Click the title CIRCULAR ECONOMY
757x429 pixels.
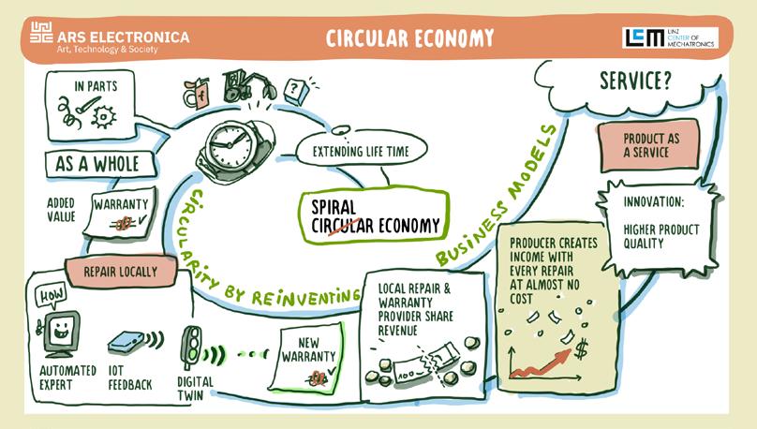click(409, 37)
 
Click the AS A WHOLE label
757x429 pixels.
click(96, 164)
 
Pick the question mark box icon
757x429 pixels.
click(297, 90)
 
